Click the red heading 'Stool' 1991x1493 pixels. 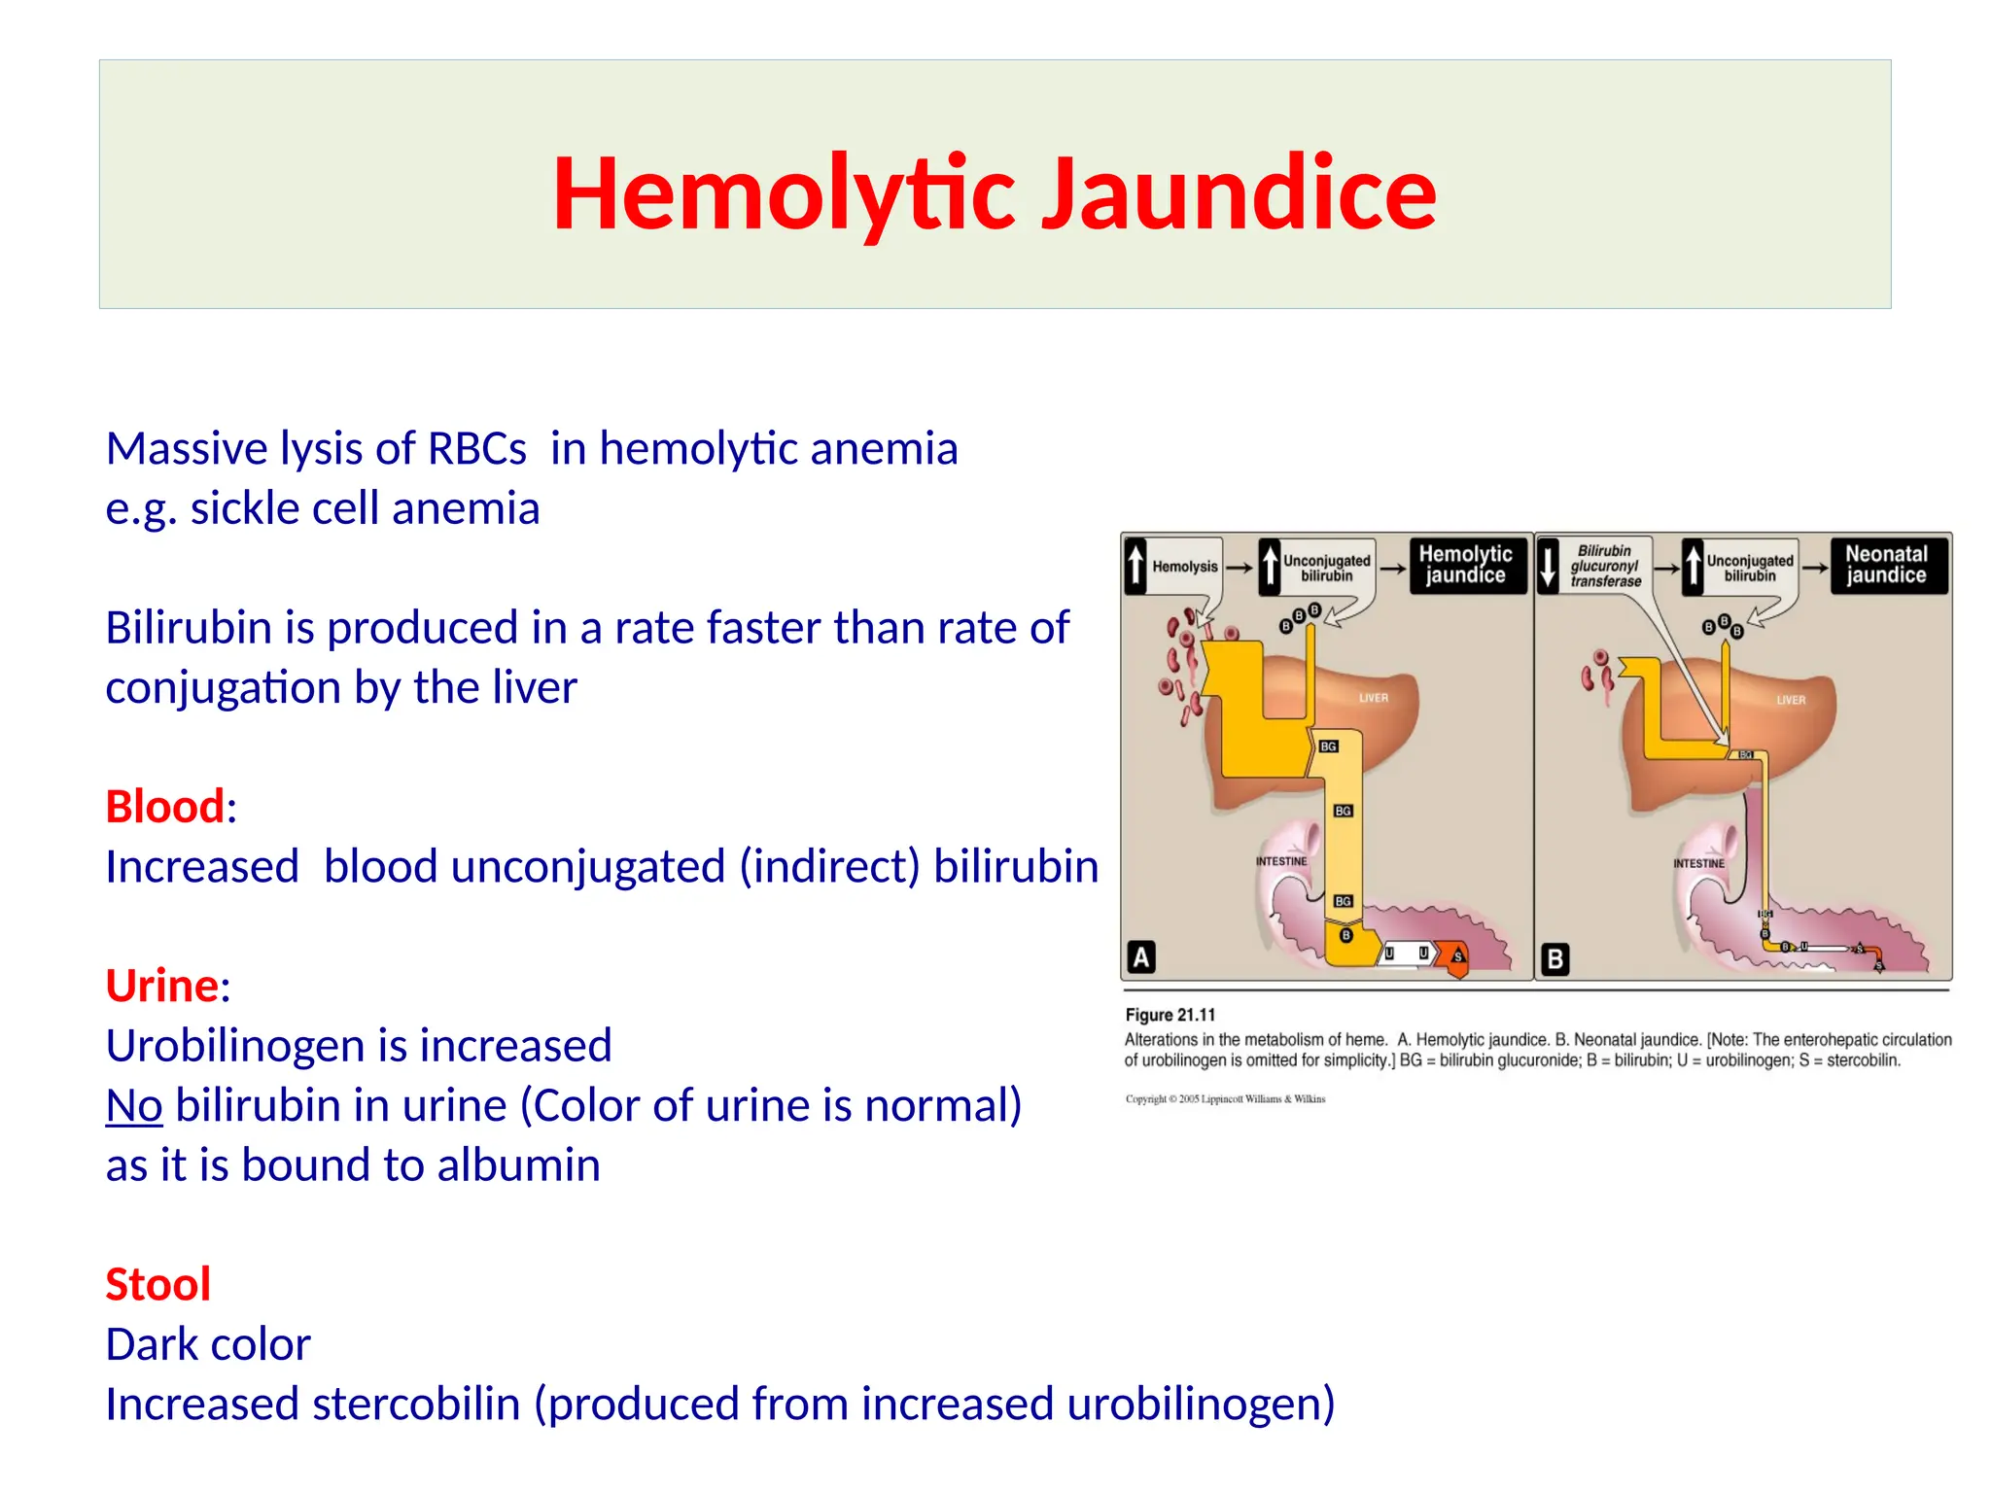point(157,1284)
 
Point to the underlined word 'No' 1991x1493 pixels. point(133,1105)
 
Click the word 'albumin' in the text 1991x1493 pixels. point(518,1164)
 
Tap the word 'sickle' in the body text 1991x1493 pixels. point(247,508)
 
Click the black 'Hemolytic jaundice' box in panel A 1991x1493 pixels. point(1465,565)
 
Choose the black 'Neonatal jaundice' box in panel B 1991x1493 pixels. point(1886,565)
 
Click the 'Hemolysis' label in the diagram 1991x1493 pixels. point(1184,567)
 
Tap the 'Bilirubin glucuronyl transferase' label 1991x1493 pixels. point(1605,566)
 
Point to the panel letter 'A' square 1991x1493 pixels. point(1141,957)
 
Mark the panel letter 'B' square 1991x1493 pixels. point(1554,959)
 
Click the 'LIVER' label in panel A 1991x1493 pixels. point(1373,698)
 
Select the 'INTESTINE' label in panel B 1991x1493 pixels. point(1698,863)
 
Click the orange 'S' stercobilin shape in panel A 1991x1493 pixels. point(1456,957)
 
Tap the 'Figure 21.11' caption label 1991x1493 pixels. point(1170,1015)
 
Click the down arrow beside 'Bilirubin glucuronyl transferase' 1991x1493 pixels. point(1548,565)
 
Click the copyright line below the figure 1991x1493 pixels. point(1225,1099)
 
